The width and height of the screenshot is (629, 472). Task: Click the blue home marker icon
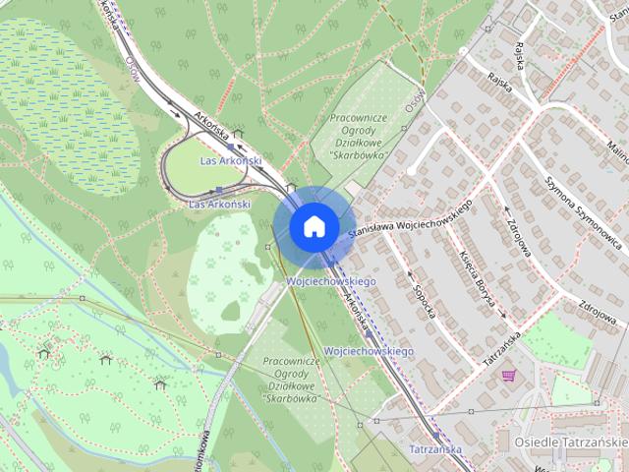(x=314, y=226)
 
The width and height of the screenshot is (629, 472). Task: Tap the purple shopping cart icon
(x=508, y=374)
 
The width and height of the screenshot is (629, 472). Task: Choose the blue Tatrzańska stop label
(x=433, y=448)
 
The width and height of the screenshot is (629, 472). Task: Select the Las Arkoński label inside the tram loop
(x=230, y=160)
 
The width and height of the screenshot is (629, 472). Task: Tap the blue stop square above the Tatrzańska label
(x=434, y=433)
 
